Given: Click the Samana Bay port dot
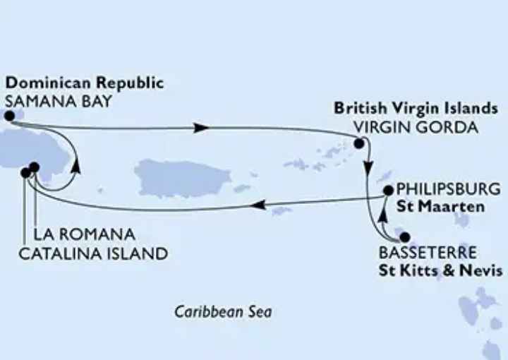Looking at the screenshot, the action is (x=9, y=116).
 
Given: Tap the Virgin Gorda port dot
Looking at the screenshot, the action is (x=358, y=144).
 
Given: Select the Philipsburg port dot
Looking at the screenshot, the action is (x=387, y=190).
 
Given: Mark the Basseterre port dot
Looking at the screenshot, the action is (x=404, y=239).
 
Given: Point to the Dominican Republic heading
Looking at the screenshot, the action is (x=84, y=83).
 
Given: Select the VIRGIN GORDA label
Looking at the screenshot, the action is (x=416, y=128).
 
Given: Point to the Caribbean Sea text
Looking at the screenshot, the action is (x=224, y=311).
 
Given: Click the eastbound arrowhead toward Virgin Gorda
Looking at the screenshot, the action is (x=200, y=128).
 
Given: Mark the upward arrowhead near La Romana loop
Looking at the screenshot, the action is (x=75, y=167).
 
